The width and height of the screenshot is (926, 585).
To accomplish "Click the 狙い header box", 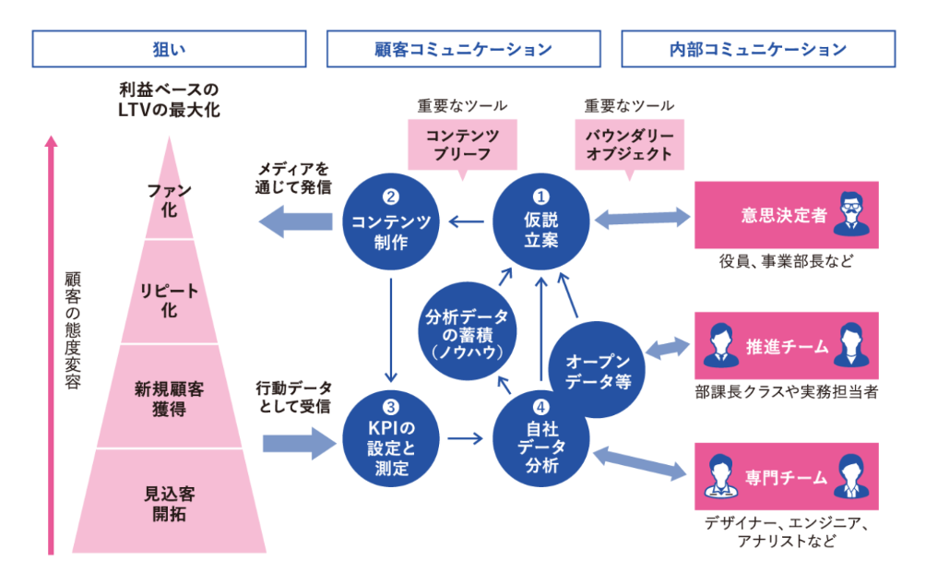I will (x=169, y=49).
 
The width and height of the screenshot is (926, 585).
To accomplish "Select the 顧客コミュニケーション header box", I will (x=464, y=49).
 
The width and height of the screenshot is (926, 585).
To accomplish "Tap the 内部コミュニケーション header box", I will (x=758, y=49).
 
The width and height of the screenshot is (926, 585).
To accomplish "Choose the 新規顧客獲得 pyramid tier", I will (x=170, y=399).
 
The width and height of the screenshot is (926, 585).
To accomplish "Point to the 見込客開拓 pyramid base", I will (x=170, y=504).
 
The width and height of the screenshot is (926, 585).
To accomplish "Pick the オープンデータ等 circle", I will (x=598, y=371).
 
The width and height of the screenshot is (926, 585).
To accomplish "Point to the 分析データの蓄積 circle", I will (x=467, y=333).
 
